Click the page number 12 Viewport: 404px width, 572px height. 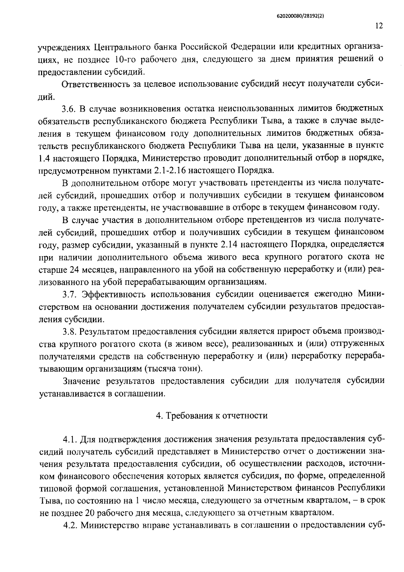click(379, 26)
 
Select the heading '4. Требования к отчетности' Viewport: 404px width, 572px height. click(212, 416)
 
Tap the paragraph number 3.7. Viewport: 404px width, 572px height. click(70, 294)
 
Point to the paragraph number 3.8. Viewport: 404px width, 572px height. click(70, 331)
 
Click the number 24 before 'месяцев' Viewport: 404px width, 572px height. click(74, 270)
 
